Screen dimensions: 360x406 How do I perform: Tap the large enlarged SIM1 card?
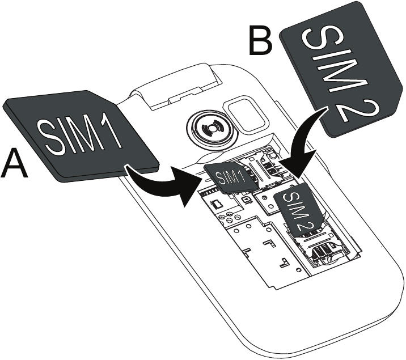click(85, 136)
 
